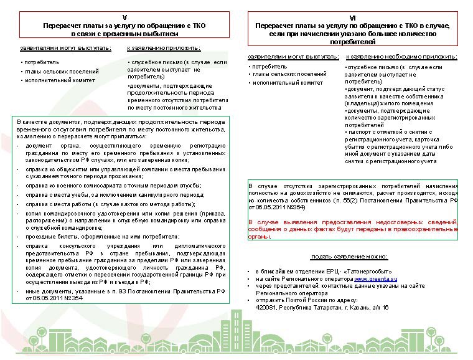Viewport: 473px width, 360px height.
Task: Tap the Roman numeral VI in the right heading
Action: tap(354, 18)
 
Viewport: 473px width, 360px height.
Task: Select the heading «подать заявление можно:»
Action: tap(349, 257)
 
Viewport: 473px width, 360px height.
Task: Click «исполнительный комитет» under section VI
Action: tap(288, 83)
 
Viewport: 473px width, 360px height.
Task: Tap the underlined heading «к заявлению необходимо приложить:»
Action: tap(401, 57)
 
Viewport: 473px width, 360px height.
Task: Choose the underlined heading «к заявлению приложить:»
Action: tap(164, 48)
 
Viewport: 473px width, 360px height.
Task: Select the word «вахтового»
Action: tap(136, 204)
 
